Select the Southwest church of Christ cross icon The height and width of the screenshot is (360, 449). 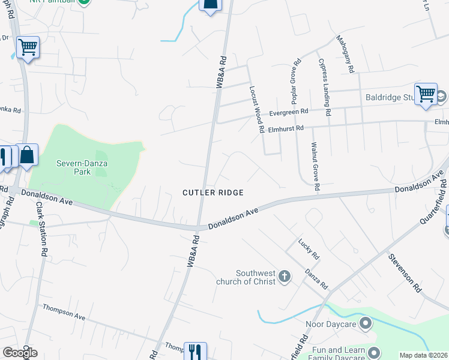(285, 277)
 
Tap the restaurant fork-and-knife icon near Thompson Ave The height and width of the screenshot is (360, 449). (194, 350)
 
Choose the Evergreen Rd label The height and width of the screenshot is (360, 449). (288, 112)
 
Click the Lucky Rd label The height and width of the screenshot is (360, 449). (310, 248)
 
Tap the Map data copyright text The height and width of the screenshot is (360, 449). (423, 355)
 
